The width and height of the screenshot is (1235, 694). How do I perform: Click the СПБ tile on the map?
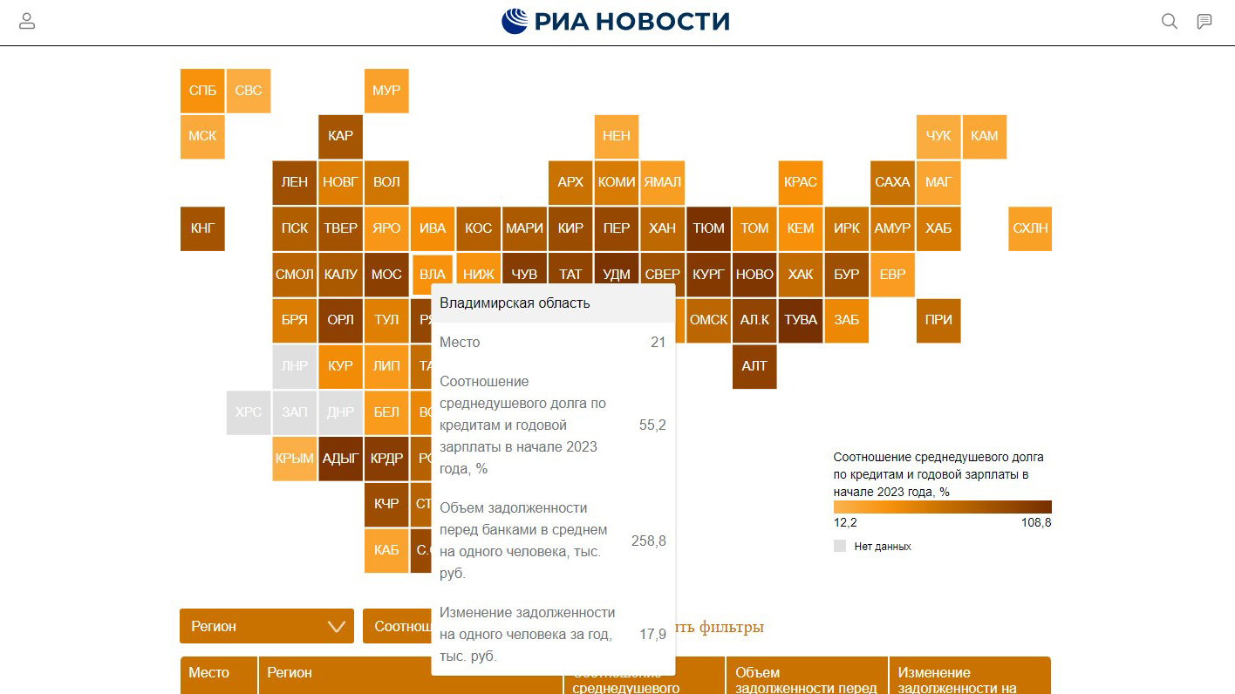tap(202, 91)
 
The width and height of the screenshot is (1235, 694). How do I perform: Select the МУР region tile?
tap(386, 91)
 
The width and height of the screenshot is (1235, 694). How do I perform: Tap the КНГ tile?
tap(202, 228)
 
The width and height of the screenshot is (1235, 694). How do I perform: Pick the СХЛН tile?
tap(1030, 228)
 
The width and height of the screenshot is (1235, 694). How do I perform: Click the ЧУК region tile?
tap(938, 136)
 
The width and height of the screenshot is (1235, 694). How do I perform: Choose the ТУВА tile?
tap(801, 320)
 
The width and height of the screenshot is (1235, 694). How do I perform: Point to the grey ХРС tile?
tap(249, 412)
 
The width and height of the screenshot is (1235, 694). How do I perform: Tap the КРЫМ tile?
tap(295, 459)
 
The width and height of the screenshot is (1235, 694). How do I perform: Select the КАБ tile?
tap(386, 550)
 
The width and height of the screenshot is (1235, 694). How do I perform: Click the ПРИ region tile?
tap(938, 320)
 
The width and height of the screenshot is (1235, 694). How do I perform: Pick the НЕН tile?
tap(617, 136)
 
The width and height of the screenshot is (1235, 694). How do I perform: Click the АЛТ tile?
tap(754, 366)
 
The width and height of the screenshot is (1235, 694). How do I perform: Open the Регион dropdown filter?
tap(267, 626)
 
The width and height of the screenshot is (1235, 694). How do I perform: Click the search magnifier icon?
tap(1170, 22)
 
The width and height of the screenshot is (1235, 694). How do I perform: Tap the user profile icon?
tap(27, 22)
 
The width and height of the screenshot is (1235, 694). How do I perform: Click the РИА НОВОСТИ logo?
tap(616, 22)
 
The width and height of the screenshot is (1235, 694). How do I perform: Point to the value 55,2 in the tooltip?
tap(652, 425)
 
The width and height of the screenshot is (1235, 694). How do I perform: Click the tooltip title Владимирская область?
tap(515, 303)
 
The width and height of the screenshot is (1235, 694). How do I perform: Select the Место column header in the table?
tap(209, 673)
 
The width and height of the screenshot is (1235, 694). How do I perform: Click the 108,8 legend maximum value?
tap(1036, 523)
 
